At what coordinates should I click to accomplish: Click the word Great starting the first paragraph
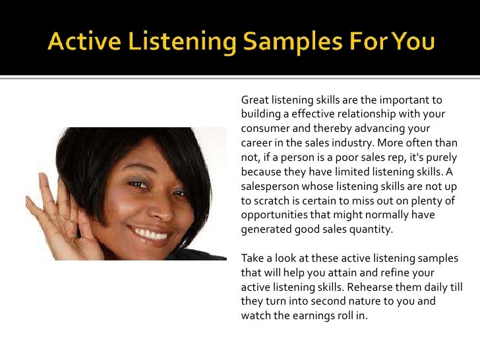pyautogui.click(x=255, y=100)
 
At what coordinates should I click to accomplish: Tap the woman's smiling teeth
pyautogui.click(x=150, y=233)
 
